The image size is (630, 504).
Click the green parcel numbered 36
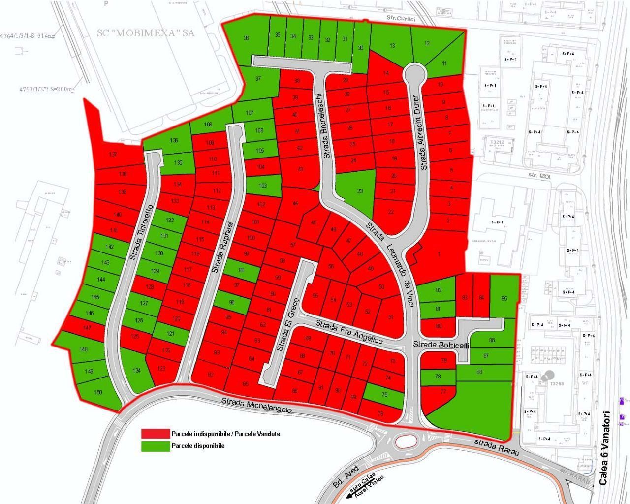246,38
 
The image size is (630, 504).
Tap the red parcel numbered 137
113,155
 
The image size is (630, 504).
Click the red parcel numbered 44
295,203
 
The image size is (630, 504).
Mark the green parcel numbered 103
263,186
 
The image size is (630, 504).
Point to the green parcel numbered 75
384,395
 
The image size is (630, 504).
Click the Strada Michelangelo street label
256,405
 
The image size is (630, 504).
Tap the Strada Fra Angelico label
349,332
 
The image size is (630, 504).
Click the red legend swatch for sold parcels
155,434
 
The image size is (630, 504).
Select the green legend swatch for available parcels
155,446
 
